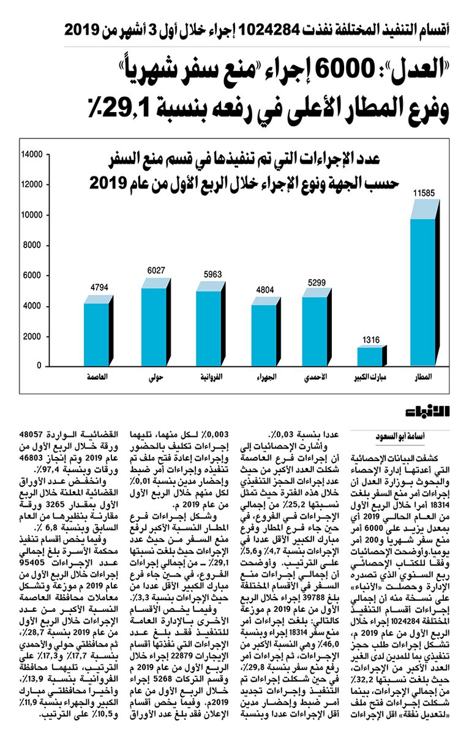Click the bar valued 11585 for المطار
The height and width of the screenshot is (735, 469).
pos(422,288)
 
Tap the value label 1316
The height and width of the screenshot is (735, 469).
pos(372,339)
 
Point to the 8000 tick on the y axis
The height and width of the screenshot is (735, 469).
pos(33,246)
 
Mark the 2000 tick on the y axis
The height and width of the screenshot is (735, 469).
pos(33,336)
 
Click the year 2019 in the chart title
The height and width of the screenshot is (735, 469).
pos(108,182)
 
